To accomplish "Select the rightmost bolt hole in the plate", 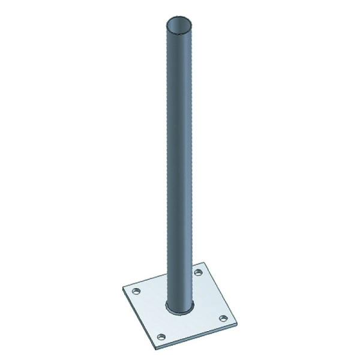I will click(x=224, y=317).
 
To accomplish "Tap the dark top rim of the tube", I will click(x=182, y=17).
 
